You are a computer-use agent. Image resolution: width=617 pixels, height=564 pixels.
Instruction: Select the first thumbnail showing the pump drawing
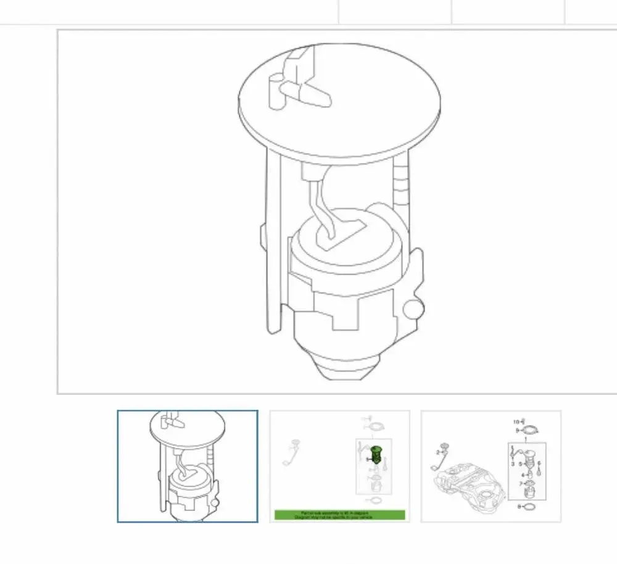coord(188,466)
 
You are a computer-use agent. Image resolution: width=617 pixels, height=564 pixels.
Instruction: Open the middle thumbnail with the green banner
coord(339,466)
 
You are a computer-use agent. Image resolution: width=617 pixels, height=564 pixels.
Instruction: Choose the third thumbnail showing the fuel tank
coord(491,466)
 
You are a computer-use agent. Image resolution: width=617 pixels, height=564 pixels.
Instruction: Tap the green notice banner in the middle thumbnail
coord(339,514)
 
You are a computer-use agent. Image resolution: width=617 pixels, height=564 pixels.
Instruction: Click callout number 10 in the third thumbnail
coord(516,422)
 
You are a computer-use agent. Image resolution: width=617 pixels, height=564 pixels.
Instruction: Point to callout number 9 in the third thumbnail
coord(518,430)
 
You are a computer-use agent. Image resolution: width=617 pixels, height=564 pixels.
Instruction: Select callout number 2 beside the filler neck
coord(439,452)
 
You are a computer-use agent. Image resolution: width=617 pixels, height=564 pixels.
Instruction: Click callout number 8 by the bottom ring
coord(519,507)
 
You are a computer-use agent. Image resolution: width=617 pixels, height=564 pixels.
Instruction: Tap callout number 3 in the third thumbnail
coord(512,463)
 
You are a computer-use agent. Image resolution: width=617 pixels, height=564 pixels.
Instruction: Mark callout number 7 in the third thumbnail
coord(520,483)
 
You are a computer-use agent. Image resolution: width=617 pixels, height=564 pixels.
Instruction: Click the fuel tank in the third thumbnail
coord(469,487)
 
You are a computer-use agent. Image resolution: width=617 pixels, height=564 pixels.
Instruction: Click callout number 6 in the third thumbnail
coord(538,463)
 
